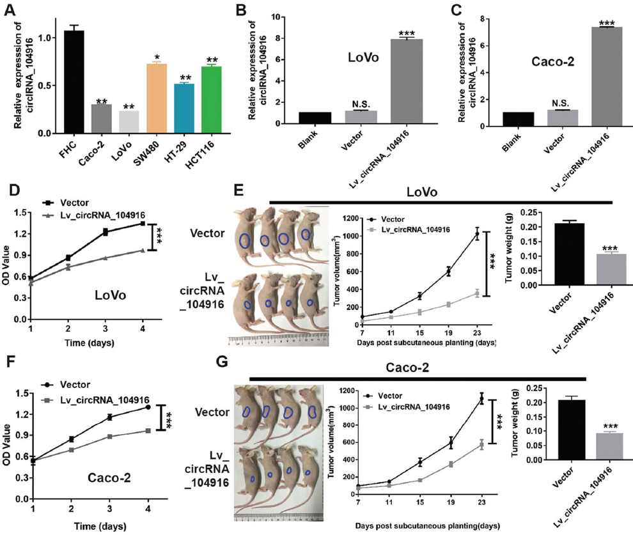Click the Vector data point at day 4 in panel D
(142, 224)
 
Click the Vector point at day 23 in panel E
(476, 235)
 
